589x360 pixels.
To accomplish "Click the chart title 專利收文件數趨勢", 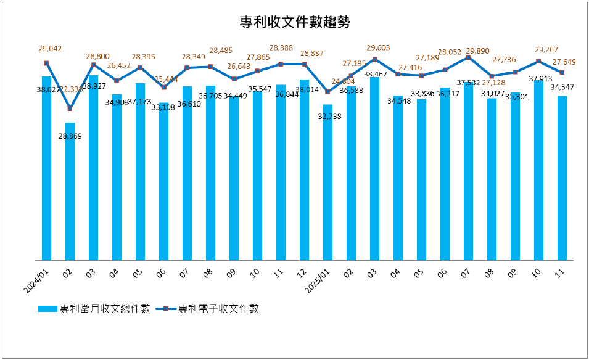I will coord(295,23).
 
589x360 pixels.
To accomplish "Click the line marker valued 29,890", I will coord(468,57).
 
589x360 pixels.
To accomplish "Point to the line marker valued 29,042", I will coord(46,63).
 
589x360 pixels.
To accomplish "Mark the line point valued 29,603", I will coord(374,59).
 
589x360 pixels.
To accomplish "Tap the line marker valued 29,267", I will coord(538,61).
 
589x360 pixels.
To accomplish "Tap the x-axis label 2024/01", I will coord(38,276).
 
